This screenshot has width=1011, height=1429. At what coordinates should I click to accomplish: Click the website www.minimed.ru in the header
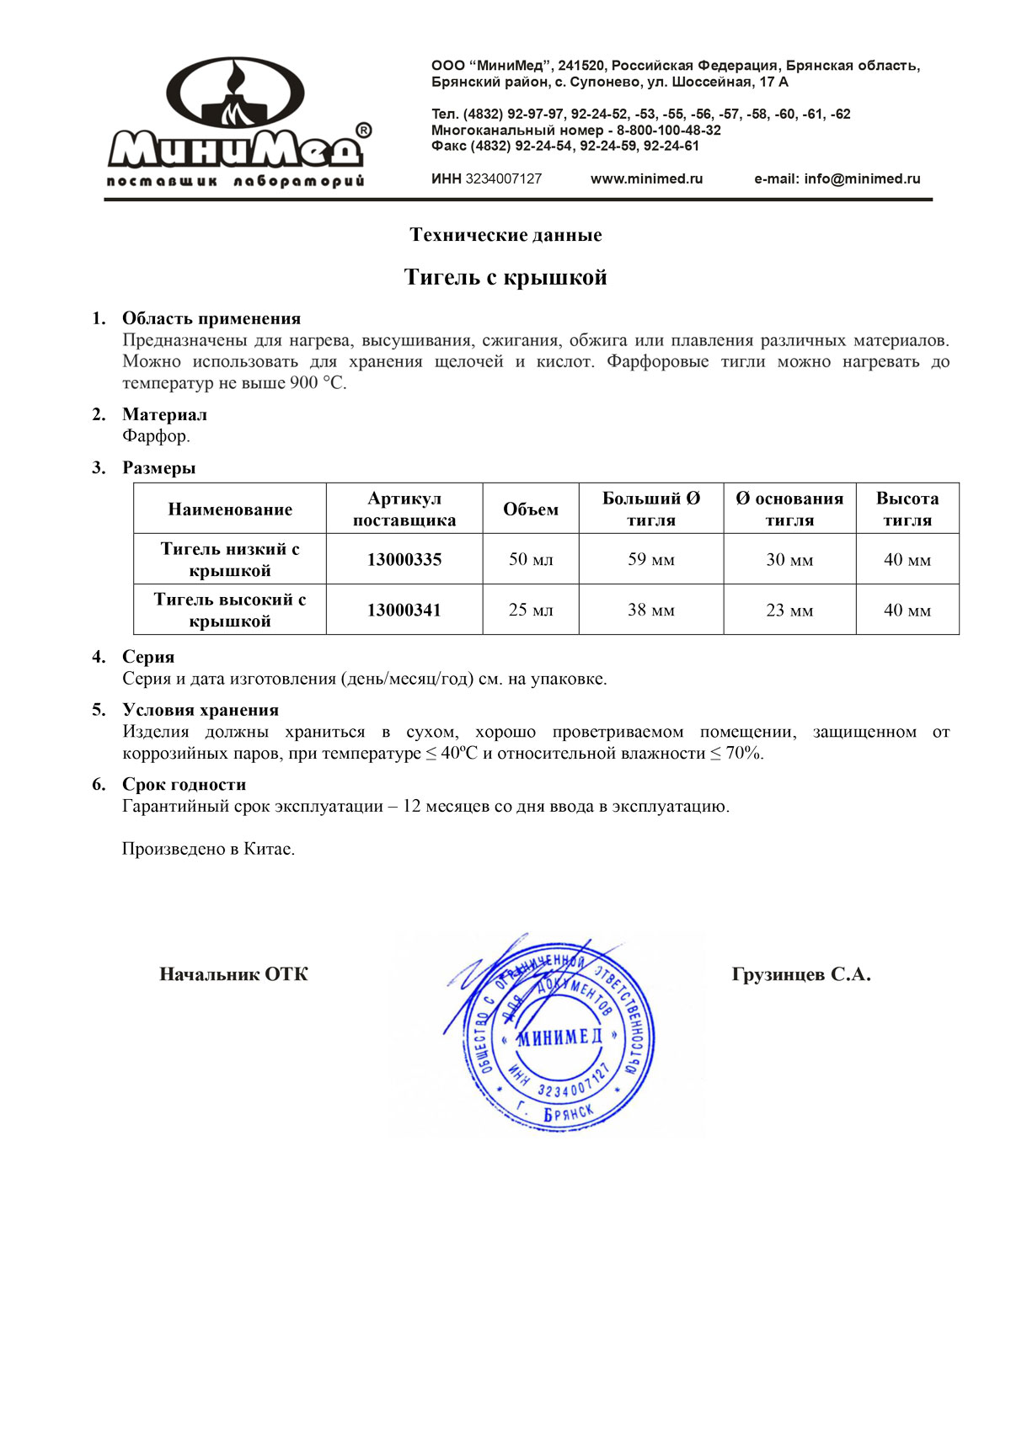pyautogui.click(x=646, y=179)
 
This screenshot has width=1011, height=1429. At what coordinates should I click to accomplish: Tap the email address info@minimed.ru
pyautogui.click(x=862, y=179)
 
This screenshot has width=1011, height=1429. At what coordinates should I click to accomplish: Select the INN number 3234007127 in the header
pyautogui.click(x=503, y=179)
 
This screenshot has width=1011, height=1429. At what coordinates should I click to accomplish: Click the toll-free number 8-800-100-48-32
pyautogui.click(x=669, y=131)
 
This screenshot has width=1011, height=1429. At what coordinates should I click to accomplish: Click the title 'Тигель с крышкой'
pyautogui.click(x=505, y=277)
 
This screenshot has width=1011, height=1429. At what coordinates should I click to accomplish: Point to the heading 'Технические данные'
pyautogui.click(x=505, y=235)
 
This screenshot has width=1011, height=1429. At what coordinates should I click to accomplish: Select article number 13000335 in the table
pyautogui.click(x=404, y=559)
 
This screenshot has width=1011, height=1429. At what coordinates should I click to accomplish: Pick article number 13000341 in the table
pyautogui.click(x=404, y=610)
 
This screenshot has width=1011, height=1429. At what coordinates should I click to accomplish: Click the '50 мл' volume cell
pyautogui.click(x=531, y=559)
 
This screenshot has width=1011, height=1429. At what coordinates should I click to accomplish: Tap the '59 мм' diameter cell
pyautogui.click(x=651, y=559)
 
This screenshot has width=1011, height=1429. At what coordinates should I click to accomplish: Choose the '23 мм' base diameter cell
pyautogui.click(x=789, y=610)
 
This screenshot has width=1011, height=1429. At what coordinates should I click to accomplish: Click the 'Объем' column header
pyautogui.click(x=531, y=509)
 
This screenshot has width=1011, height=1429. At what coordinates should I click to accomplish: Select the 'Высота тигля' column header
pyautogui.click(x=907, y=509)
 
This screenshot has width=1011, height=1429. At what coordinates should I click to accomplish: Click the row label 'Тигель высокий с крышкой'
pyautogui.click(x=230, y=610)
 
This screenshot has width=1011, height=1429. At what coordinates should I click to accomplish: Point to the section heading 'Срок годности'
pyautogui.click(x=184, y=785)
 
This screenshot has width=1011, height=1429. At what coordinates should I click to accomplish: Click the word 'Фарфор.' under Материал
pyautogui.click(x=156, y=436)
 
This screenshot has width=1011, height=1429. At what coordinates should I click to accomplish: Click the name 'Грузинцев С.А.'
pyautogui.click(x=801, y=974)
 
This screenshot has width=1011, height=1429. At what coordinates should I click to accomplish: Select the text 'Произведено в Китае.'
pyautogui.click(x=208, y=849)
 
